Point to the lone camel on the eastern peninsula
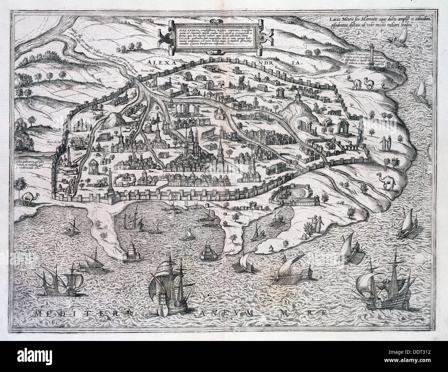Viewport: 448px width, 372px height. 389,179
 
